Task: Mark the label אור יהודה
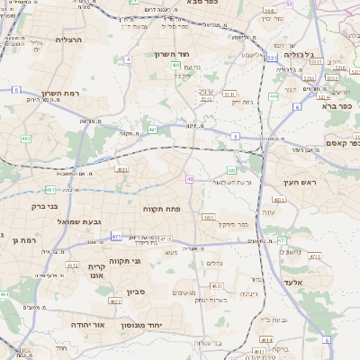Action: (x=88, y=323)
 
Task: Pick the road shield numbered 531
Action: (x=271, y=58)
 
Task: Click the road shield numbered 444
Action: (x=274, y=95)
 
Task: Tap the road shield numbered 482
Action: (x=26, y=139)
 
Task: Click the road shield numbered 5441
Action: (x=291, y=4)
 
